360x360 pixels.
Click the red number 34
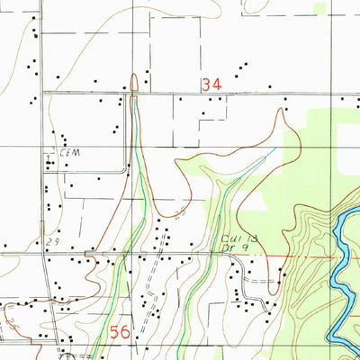point(211,84)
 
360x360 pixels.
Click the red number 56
point(121,332)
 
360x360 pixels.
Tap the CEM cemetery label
point(71,152)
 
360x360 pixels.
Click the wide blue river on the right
point(342,261)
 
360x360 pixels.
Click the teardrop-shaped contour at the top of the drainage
point(133,84)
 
